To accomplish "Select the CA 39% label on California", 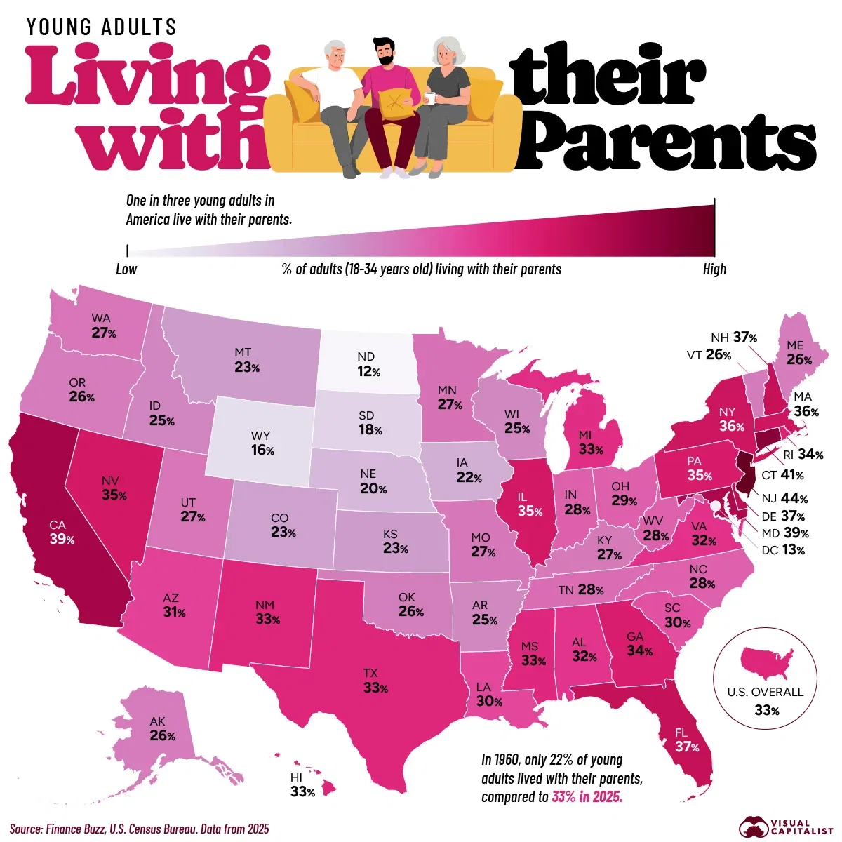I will click(x=62, y=532).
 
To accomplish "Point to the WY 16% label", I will click(x=262, y=444).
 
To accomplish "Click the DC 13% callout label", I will click(x=783, y=550).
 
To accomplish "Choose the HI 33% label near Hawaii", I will click(x=302, y=785).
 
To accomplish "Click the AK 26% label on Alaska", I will click(x=161, y=729).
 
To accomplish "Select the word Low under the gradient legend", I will click(x=126, y=269).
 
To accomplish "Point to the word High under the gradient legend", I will click(x=714, y=269).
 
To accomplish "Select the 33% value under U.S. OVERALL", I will click(x=766, y=711).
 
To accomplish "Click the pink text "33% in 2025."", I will click(x=587, y=797).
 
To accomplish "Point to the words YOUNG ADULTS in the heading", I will click(x=102, y=27).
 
